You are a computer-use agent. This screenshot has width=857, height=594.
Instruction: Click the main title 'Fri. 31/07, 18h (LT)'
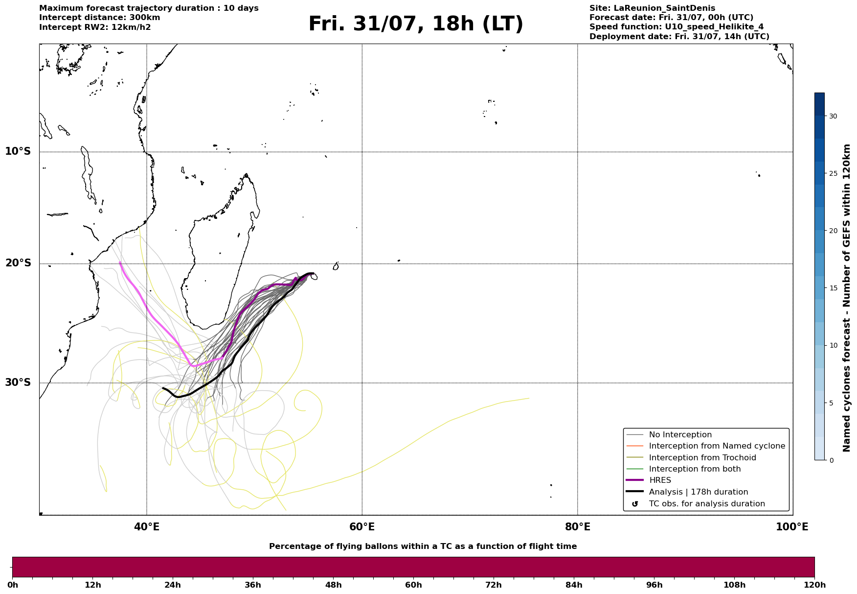point(416,24)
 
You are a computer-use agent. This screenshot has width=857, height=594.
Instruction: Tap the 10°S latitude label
point(18,151)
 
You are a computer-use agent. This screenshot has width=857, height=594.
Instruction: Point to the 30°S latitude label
point(18,382)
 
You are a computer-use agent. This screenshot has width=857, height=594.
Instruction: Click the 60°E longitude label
point(362,527)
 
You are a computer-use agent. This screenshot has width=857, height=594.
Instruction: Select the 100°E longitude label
point(792,527)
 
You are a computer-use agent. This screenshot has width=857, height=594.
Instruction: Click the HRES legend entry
point(660,480)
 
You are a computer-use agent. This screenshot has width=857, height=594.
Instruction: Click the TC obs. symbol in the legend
point(635,504)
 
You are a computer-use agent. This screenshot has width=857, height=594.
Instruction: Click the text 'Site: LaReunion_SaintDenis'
point(653,8)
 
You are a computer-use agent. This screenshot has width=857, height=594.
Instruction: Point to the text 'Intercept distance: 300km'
point(100,18)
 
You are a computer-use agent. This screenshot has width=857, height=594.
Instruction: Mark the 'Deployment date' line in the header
point(679,37)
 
